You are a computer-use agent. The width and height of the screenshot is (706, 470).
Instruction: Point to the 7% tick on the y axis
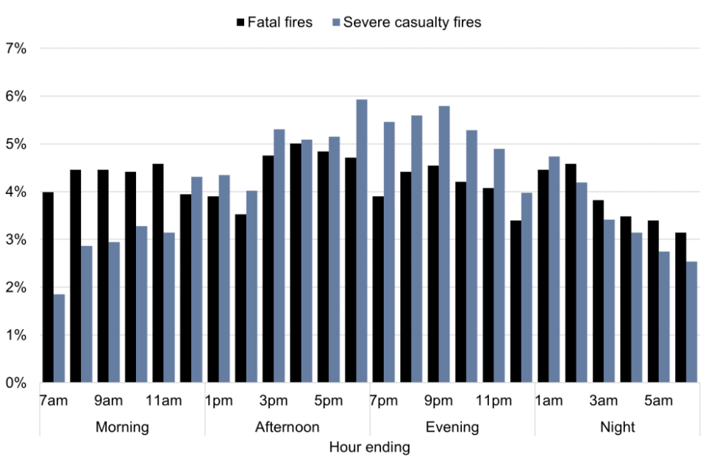point(16,48)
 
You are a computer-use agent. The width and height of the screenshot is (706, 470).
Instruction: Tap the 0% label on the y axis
point(16,383)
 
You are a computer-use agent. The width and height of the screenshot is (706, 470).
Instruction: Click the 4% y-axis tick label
point(16,192)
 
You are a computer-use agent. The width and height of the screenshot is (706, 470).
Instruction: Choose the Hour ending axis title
point(369,446)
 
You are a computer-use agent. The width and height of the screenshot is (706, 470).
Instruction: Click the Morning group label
point(122,427)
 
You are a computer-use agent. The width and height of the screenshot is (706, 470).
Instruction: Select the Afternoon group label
point(287,427)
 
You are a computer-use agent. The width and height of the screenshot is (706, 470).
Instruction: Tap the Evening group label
point(452,427)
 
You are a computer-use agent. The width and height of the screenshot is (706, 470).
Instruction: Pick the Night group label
point(618,427)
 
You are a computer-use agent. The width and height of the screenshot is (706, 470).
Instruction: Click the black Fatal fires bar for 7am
point(48,287)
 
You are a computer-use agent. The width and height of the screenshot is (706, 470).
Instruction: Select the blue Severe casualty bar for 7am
point(60,339)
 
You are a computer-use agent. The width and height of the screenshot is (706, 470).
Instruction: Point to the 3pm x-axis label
point(274,401)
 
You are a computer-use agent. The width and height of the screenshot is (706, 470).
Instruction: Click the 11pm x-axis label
point(493,401)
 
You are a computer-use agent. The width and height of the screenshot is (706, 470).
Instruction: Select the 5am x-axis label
point(659,401)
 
